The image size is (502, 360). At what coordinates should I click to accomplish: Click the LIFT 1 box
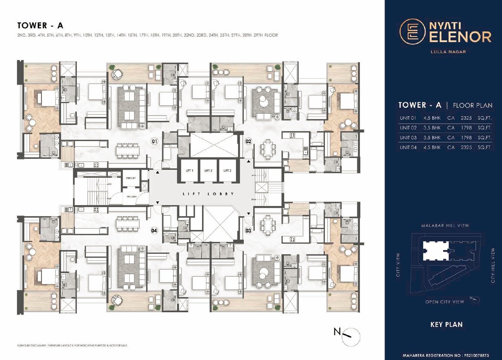click(x=190, y=171)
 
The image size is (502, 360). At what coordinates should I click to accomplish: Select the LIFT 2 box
click(x=208, y=171)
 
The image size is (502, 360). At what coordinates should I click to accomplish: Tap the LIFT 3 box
click(x=227, y=171)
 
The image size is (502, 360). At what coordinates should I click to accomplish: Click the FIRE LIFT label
click(x=131, y=178)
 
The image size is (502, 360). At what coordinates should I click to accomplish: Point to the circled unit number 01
click(x=154, y=142)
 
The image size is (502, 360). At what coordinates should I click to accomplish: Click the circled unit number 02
click(x=248, y=142)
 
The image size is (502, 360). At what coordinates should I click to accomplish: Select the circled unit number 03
click(x=248, y=230)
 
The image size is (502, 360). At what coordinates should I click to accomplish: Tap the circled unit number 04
click(x=154, y=230)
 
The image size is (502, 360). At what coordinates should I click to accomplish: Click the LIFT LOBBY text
click(x=208, y=194)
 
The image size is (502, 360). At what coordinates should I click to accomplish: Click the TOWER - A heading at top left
click(x=40, y=26)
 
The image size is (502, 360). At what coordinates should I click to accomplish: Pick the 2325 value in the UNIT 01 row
click(x=466, y=118)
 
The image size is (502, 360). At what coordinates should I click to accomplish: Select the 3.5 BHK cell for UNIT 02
click(x=432, y=128)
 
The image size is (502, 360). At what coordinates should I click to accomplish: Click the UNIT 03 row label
click(x=408, y=137)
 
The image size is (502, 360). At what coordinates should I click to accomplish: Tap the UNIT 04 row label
click(x=408, y=147)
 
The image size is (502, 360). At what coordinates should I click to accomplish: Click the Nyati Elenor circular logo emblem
click(x=412, y=32)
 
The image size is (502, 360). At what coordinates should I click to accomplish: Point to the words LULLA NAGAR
click(x=448, y=52)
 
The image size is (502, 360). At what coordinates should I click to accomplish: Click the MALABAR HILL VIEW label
click(x=445, y=226)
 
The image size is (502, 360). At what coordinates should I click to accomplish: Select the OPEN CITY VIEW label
click(x=444, y=302)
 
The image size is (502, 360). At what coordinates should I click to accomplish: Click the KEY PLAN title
click(x=447, y=325)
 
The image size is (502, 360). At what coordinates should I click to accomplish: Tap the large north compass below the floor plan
click(x=350, y=336)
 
